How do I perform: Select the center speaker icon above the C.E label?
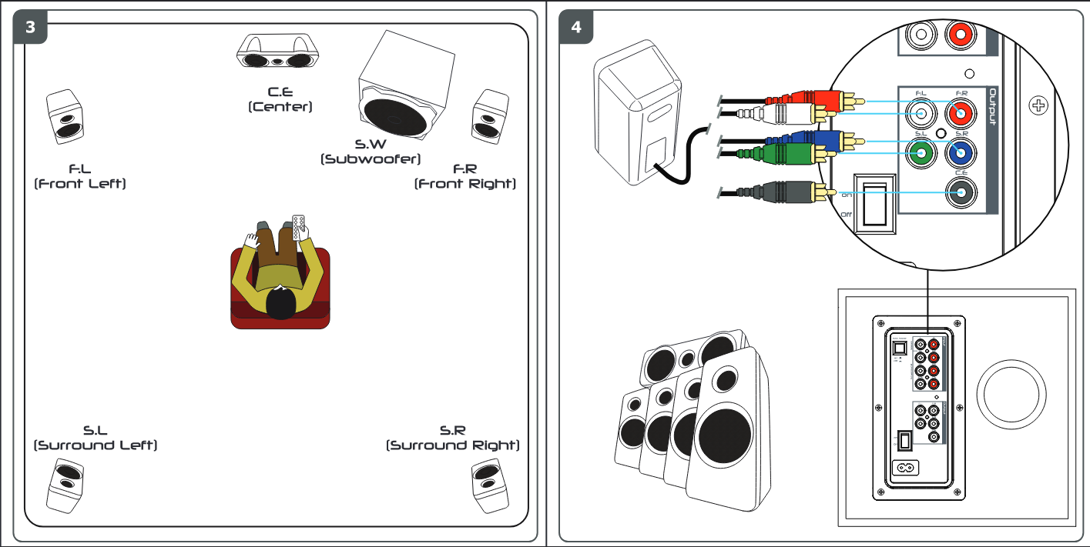coord(278,52)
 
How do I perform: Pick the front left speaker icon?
coord(64,116)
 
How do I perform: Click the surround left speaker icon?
coord(65,485)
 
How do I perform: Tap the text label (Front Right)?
coord(465,184)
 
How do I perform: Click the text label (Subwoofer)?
coord(371,159)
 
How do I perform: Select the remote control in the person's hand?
coord(300,225)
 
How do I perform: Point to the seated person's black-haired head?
coord(281,302)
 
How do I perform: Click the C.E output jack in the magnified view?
coord(961,192)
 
